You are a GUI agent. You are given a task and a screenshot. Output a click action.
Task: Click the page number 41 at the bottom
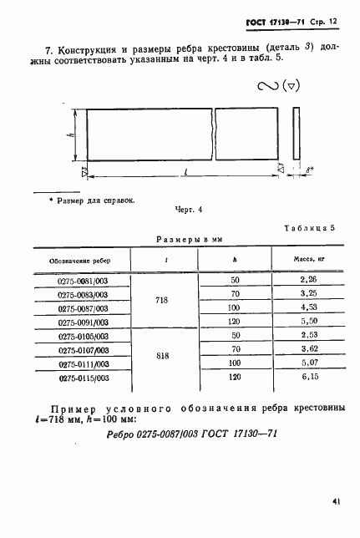[x=334, y=501]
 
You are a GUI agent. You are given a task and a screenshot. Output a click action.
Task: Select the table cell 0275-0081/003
[x=83, y=280]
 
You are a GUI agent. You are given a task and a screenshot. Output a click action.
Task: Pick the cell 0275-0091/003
[x=83, y=322]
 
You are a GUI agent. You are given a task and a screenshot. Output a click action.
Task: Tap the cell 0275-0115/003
[x=83, y=378]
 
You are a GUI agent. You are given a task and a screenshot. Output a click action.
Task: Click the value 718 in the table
[x=162, y=301]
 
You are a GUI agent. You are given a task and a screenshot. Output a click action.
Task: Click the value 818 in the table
[x=162, y=357]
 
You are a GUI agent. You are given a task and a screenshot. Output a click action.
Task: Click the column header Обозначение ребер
[x=82, y=260]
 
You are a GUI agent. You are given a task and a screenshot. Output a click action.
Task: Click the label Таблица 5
[x=308, y=226]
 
